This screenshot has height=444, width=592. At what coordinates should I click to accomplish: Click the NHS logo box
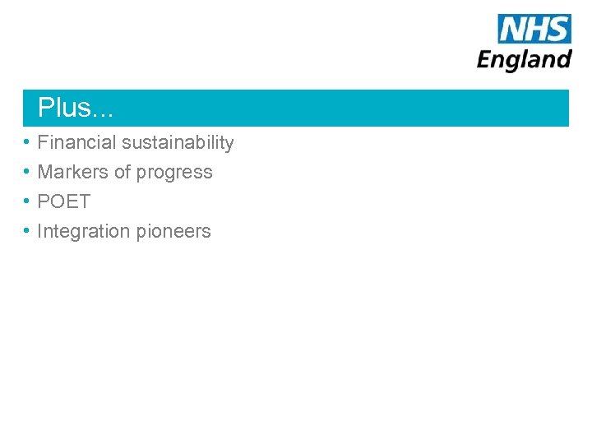click(x=534, y=29)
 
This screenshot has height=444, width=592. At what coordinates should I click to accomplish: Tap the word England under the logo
click(x=525, y=60)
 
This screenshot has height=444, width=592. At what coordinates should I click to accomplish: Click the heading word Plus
click(x=65, y=108)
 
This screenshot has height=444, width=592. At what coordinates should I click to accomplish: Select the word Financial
click(x=76, y=142)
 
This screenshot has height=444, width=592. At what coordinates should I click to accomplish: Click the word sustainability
click(x=178, y=142)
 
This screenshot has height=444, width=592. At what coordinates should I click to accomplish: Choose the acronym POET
click(x=64, y=201)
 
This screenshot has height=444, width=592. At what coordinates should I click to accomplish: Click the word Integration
click(x=83, y=232)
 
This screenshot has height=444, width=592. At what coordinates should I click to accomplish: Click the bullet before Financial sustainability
click(x=27, y=142)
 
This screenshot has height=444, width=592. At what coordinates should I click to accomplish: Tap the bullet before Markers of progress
click(x=27, y=172)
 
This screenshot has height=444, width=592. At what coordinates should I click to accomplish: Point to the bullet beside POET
click(x=27, y=201)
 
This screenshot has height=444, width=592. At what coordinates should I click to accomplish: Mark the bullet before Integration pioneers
click(x=27, y=231)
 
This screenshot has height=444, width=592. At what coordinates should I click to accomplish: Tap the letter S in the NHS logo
click(x=557, y=29)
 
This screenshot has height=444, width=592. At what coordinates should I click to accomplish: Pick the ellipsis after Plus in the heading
click(x=104, y=110)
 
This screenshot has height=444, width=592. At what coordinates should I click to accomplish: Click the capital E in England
click(x=485, y=59)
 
